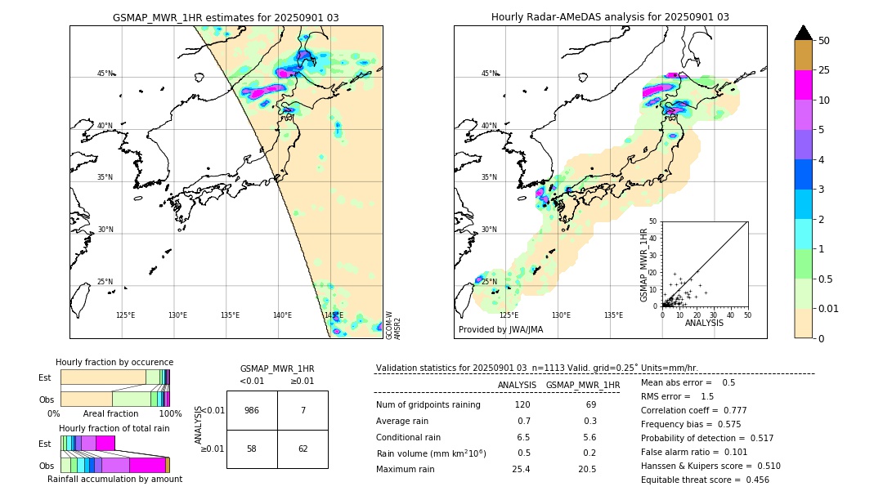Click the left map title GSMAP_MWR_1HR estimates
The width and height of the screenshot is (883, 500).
click(x=226, y=17)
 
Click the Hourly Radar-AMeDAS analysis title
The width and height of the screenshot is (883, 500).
click(x=610, y=17)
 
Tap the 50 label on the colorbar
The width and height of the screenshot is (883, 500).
click(x=824, y=41)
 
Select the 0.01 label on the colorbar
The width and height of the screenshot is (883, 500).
click(x=829, y=308)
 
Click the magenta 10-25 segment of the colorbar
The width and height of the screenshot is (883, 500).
click(x=803, y=85)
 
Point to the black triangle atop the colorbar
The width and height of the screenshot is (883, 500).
click(x=803, y=33)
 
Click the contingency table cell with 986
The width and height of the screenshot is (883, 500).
click(x=252, y=411)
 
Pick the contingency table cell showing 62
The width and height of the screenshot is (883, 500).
click(x=303, y=449)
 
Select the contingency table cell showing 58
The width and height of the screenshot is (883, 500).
click(x=252, y=449)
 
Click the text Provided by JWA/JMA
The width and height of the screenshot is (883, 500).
click(x=500, y=330)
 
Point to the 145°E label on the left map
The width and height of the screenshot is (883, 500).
click(x=334, y=315)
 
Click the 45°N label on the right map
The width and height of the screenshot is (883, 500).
click(x=489, y=74)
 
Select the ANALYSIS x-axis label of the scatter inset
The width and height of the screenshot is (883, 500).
click(x=704, y=322)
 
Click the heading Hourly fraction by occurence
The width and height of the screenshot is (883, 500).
click(x=114, y=362)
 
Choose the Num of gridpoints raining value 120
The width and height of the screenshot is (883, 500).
click(x=522, y=405)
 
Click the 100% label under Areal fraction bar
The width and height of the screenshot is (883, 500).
click(x=170, y=414)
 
